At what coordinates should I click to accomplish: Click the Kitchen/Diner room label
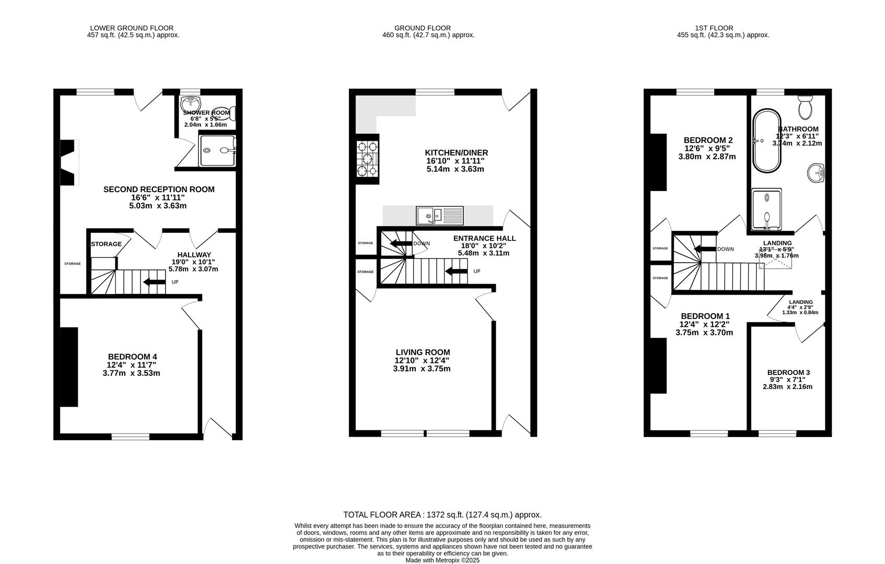click(456, 152)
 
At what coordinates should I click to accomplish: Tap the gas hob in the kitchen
click(367, 159)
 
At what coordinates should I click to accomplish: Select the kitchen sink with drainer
click(439, 216)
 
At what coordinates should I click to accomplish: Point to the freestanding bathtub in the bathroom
click(767, 140)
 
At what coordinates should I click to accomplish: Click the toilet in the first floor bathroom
click(805, 107)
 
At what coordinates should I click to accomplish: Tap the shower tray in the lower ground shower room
click(218, 150)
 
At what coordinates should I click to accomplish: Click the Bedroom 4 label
click(132, 357)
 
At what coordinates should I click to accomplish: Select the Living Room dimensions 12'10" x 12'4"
click(422, 361)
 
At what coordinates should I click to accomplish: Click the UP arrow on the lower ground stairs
click(155, 282)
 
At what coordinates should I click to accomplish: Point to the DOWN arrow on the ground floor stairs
click(401, 243)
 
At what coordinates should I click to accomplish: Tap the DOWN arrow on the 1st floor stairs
click(705, 249)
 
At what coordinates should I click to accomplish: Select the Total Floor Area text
click(442, 514)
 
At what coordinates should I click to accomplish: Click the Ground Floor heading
click(422, 28)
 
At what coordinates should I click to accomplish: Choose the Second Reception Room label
click(159, 189)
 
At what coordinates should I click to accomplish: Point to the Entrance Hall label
click(484, 238)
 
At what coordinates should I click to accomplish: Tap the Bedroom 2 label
click(708, 140)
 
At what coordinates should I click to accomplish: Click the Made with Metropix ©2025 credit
click(442, 560)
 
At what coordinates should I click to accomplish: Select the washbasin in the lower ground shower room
click(191, 104)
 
